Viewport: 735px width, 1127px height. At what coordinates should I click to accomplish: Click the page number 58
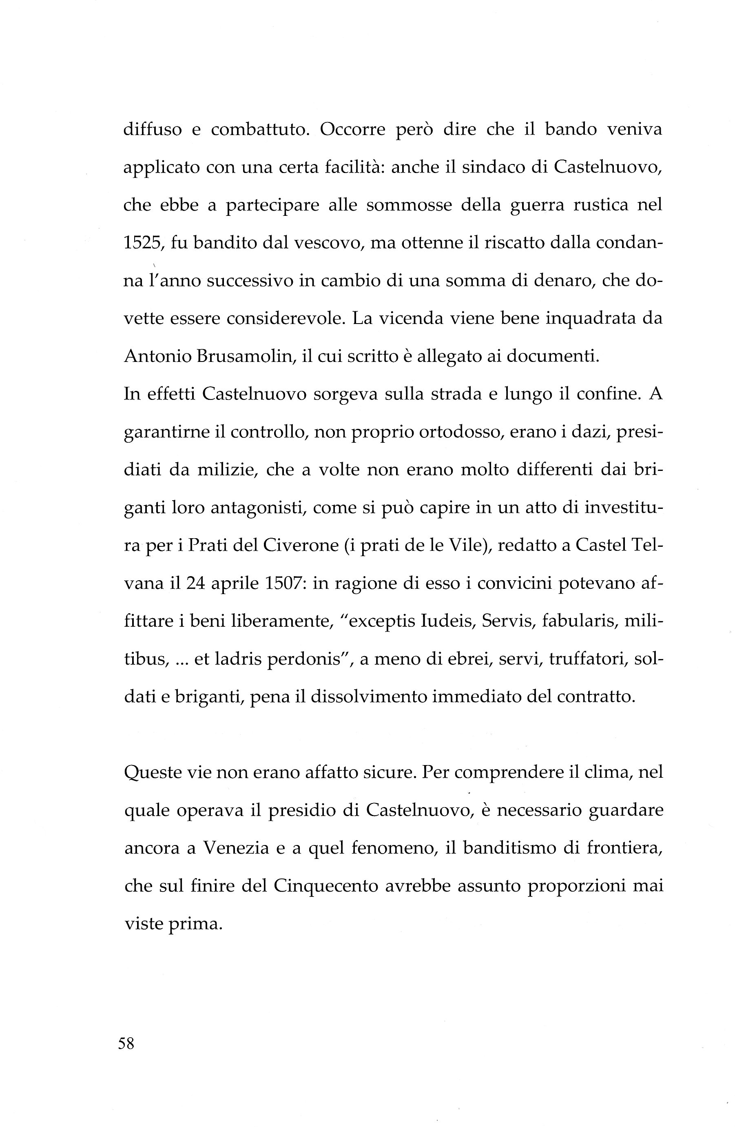[x=126, y=1043]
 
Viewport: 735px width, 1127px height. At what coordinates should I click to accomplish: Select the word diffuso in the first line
[x=153, y=130]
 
